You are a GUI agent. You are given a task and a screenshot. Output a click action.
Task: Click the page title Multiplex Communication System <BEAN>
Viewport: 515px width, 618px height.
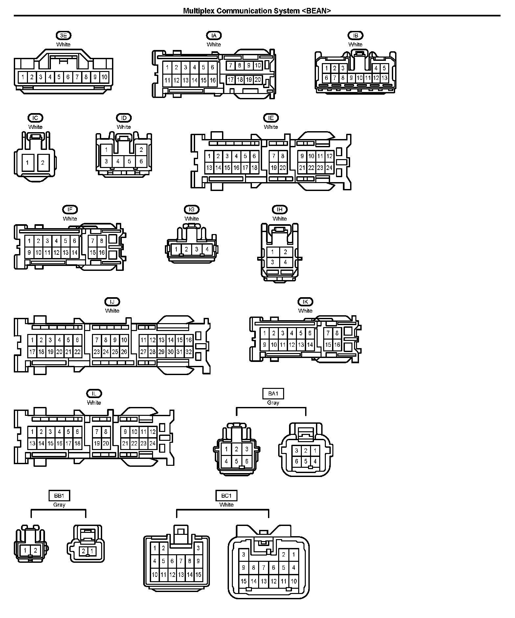(257, 11)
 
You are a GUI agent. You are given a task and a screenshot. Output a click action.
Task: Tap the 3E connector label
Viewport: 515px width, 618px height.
(63, 36)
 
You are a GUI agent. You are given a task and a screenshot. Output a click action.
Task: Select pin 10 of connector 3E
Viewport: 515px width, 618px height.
(104, 77)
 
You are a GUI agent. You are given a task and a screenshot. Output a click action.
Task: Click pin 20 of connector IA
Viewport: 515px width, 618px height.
(257, 80)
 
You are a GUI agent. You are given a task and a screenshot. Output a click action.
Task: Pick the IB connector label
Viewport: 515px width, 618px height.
(355, 36)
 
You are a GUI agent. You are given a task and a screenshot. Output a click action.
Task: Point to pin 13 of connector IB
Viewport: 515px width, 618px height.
(384, 78)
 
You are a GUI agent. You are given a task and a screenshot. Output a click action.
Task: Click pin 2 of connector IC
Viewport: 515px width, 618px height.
(43, 163)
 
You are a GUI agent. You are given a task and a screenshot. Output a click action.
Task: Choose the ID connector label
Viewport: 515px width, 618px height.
(124, 118)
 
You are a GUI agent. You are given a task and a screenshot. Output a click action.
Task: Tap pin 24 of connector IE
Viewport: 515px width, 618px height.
(329, 168)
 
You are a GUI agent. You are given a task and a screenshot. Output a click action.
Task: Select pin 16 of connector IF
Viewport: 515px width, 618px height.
(101, 253)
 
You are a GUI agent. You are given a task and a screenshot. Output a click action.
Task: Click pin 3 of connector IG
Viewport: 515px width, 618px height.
(197, 250)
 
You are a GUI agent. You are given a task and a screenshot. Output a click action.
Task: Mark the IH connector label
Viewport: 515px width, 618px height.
(280, 209)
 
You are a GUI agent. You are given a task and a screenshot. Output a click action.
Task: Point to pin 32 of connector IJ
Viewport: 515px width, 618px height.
(189, 352)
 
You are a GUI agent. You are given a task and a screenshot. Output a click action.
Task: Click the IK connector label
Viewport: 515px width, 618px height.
(305, 301)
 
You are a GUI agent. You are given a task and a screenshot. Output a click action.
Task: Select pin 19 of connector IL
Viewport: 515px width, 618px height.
(97, 443)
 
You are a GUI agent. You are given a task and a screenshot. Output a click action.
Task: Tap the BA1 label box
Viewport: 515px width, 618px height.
(273, 393)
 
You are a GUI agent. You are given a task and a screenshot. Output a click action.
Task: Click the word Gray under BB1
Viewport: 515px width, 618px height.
(59, 505)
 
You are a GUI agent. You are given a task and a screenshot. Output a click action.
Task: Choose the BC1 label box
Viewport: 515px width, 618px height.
(226, 495)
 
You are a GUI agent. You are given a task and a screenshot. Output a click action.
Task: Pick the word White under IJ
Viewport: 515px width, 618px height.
(112, 311)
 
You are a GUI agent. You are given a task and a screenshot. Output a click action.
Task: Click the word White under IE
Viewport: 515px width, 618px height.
(271, 127)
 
